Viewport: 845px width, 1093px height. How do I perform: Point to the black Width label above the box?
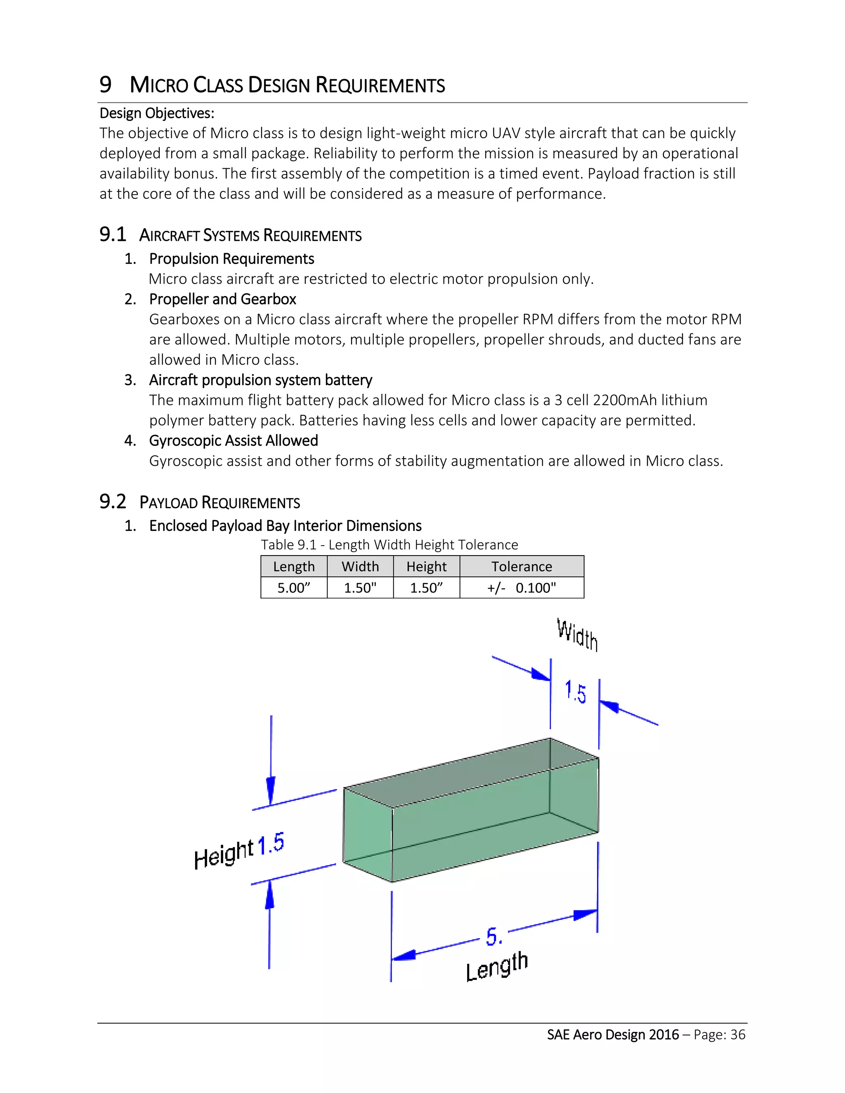(x=577, y=635)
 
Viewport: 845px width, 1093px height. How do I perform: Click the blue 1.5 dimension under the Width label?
(x=575, y=692)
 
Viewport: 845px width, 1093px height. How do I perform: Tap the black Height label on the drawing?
(x=223, y=854)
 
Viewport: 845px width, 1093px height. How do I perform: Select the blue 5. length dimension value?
(x=493, y=936)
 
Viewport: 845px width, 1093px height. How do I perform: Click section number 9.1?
(x=113, y=234)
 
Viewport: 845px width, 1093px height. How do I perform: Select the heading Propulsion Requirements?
(x=231, y=259)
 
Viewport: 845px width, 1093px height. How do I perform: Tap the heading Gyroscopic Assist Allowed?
(x=233, y=440)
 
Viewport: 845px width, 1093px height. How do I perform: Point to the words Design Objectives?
(x=157, y=113)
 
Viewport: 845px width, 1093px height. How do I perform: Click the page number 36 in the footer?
(x=738, y=1034)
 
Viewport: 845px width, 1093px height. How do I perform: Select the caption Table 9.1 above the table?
(x=288, y=544)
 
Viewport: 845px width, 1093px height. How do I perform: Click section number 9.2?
(x=113, y=502)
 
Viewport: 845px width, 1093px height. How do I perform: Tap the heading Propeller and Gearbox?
(x=222, y=299)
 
